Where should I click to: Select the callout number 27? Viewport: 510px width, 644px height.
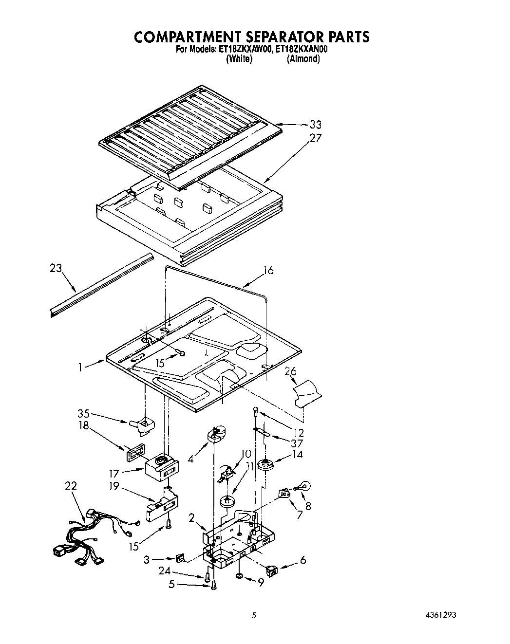[x=315, y=138]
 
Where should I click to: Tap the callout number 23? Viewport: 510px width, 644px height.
[x=57, y=268]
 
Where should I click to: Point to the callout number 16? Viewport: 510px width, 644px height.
[x=268, y=270]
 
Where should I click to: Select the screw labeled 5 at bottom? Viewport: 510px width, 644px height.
[x=212, y=586]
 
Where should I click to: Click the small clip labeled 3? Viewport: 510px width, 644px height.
[x=180, y=558]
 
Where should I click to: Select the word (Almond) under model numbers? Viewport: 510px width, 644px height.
[x=303, y=59]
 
